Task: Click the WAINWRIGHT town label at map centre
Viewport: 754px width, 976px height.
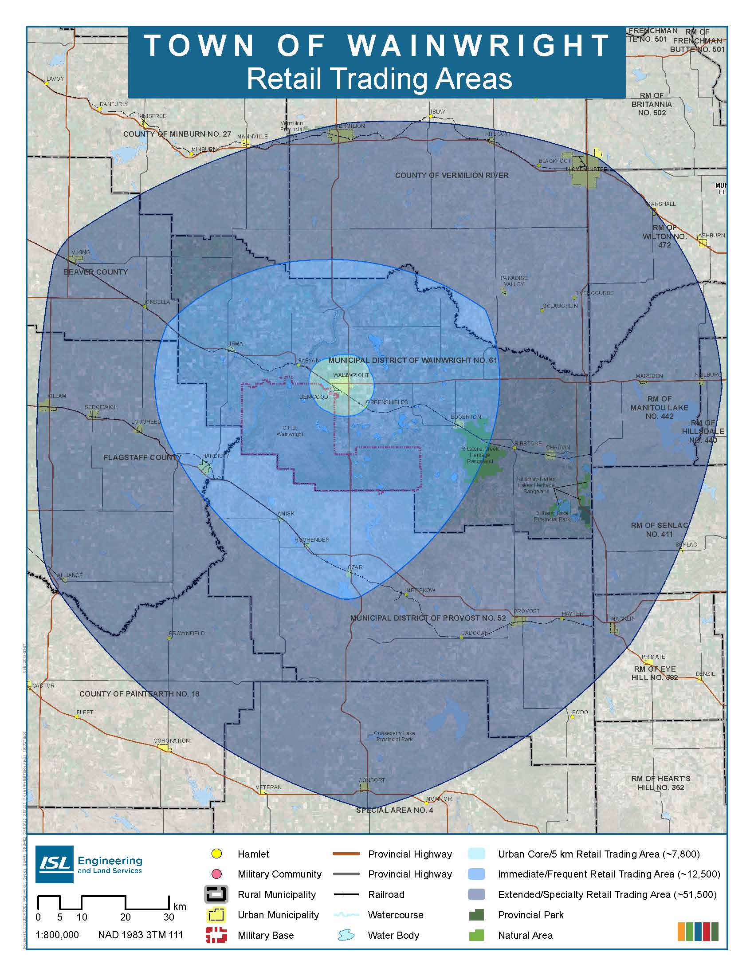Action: pyautogui.click(x=351, y=375)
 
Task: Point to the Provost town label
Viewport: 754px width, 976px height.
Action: pyautogui.click(x=526, y=611)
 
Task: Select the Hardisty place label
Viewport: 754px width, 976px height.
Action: pyautogui.click(x=215, y=456)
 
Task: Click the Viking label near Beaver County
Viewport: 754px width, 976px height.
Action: pyautogui.click(x=80, y=252)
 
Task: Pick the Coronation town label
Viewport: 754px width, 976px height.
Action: pyautogui.click(x=172, y=740)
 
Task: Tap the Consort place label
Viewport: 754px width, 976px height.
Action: pyautogui.click(x=371, y=780)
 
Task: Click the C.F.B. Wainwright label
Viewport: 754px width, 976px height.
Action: pyautogui.click(x=290, y=431)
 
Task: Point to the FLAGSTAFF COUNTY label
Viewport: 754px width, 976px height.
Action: pyautogui.click(x=142, y=458)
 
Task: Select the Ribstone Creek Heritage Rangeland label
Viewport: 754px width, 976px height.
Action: pyautogui.click(x=480, y=455)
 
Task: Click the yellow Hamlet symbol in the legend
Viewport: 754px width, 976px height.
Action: pyautogui.click(x=216, y=854)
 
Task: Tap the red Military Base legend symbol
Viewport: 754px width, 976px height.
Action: pyautogui.click(x=216, y=935)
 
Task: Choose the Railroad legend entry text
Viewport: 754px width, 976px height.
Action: pyautogui.click(x=386, y=895)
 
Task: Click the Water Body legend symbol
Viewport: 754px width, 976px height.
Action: pyautogui.click(x=346, y=935)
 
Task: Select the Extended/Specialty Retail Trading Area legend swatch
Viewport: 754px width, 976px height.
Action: pyautogui.click(x=476, y=894)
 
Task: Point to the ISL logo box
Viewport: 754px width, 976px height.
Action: pyautogui.click(x=55, y=864)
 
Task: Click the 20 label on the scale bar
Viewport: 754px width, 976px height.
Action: pyautogui.click(x=125, y=917)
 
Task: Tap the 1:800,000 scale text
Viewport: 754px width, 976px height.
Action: pyautogui.click(x=57, y=935)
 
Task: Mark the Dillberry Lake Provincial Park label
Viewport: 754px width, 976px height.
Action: pyautogui.click(x=552, y=516)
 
